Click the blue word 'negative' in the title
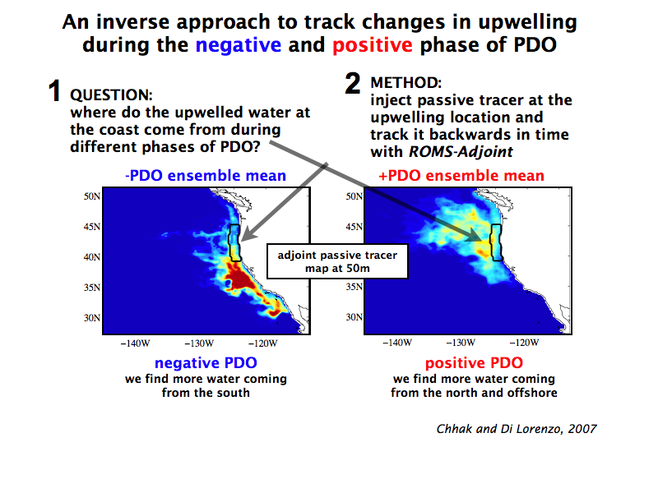239,45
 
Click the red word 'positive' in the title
373,45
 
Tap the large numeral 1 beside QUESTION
54,90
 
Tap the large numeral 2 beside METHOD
353,83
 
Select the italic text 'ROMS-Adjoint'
461,152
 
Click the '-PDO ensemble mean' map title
206,175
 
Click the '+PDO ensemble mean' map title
461,175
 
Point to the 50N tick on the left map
92,196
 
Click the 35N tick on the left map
92,287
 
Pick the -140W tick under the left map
135,343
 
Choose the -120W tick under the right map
524,343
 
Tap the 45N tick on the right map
354,227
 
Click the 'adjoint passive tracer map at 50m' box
337,261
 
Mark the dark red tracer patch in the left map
240,279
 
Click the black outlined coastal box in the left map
229,243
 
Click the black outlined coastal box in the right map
492,243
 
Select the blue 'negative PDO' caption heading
206,362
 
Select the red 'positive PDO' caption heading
474,362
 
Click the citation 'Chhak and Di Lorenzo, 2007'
517,429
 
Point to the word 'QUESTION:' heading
111,95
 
